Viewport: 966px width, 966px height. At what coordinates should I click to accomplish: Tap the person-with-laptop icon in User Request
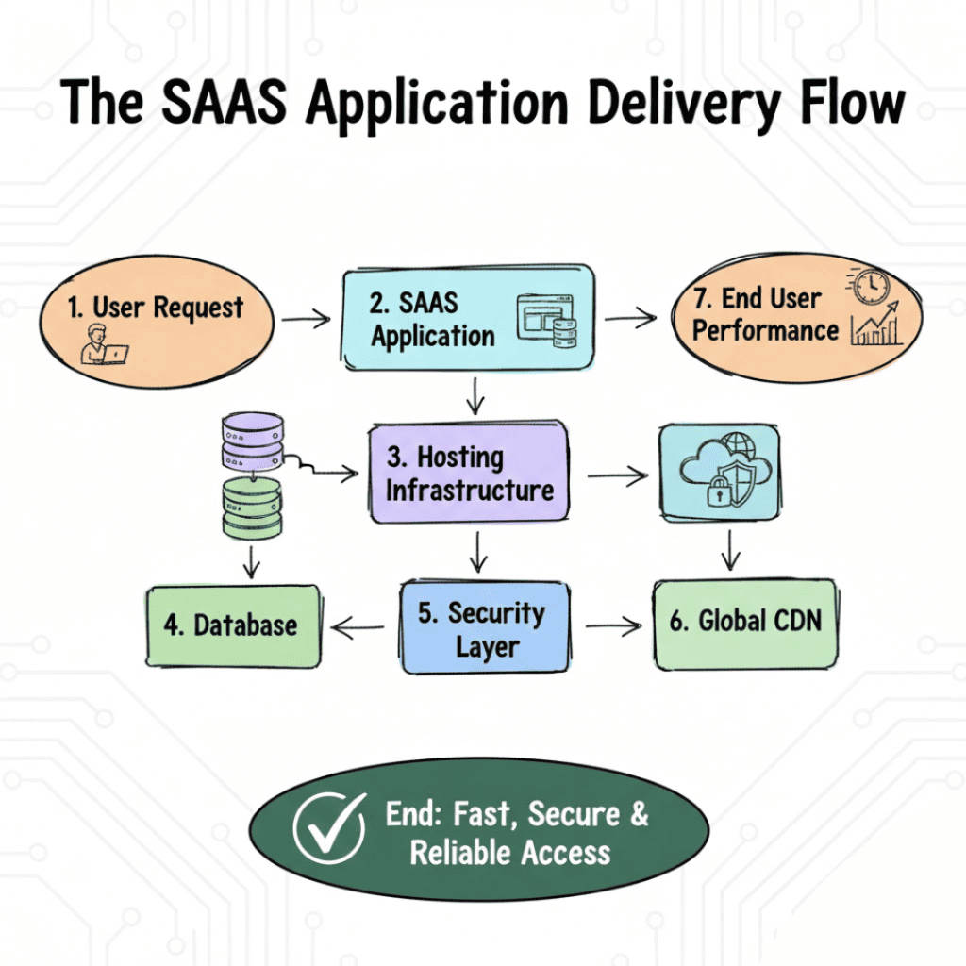coord(103,343)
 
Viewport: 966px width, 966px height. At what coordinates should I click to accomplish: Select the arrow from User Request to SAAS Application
coord(306,320)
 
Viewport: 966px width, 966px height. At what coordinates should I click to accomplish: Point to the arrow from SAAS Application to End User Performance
coord(629,319)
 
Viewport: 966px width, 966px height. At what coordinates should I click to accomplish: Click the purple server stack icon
coord(251,442)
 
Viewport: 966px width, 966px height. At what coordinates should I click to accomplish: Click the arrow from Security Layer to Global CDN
coord(612,626)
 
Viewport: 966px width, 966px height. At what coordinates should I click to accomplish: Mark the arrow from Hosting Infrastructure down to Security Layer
coord(478,551)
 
